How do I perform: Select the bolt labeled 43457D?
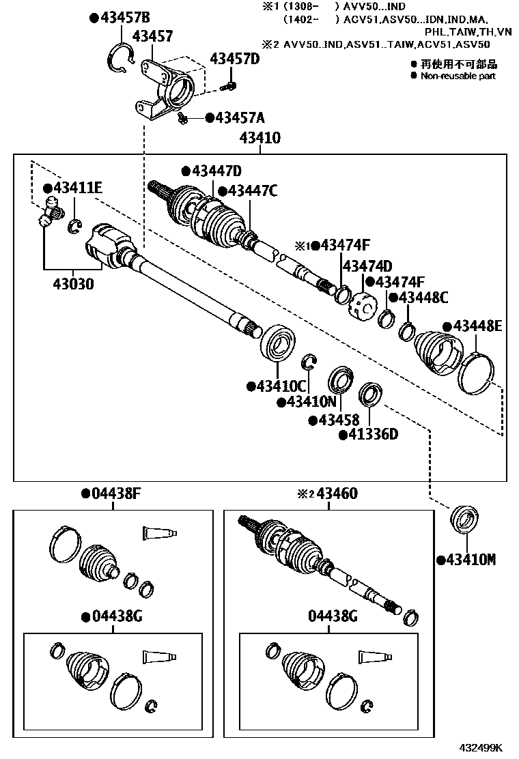[x=230, y=85]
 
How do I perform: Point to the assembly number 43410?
[x=259, y=139]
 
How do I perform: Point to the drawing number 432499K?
[x=483, y=747]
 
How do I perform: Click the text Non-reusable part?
[x=458, y=76]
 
